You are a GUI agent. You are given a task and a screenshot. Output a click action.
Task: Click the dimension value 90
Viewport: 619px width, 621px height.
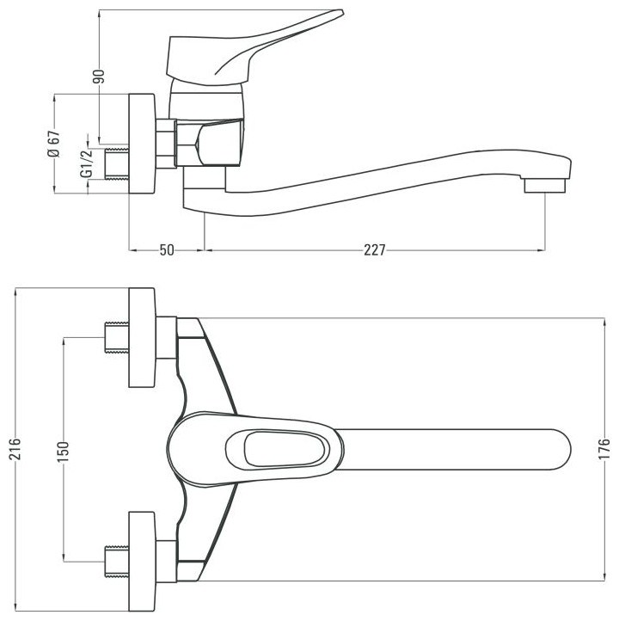click(x=100, y=77)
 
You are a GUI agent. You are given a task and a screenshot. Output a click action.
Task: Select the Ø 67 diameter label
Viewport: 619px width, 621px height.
click(x=54, y=144)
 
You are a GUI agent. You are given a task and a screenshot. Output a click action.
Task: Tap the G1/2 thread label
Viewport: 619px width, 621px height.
click(x=86, y=163)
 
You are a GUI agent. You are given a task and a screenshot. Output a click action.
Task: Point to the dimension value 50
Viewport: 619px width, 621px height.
click(x=167, y=250)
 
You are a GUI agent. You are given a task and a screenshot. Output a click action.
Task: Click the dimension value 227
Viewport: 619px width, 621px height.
click(x=374, y=250)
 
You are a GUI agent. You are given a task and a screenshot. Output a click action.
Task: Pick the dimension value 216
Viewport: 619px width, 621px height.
click(x=15, y=449)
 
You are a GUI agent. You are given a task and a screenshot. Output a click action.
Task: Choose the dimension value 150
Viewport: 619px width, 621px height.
click(x=63, y=452)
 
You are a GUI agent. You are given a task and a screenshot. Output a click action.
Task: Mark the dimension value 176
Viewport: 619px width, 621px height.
click(x=604, y=449)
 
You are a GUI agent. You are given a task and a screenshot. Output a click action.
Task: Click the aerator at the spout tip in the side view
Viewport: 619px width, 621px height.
click(x=545, y=185)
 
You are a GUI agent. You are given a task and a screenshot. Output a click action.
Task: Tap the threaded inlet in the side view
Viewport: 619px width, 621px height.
click(x=117, y=163)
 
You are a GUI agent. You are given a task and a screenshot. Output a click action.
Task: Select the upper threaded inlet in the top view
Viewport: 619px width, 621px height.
click(x=117, y=338)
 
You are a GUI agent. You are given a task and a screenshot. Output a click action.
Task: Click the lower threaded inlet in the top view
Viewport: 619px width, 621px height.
click(x=117, y=562)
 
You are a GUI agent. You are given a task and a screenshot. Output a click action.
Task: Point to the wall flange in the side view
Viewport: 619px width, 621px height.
click(x=142, y=144)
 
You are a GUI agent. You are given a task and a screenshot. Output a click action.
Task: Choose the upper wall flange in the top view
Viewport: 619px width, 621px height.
click(x=142, y=337)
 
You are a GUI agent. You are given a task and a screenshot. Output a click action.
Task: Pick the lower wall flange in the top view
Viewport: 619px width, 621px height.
click(x=142, y=562)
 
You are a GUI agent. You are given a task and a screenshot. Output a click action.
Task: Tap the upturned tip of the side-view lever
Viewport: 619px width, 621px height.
click(x=340, y=12)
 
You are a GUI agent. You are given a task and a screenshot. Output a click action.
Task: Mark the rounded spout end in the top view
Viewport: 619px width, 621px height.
click(x=562, y=450)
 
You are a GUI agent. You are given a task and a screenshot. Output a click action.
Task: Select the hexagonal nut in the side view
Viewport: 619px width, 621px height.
click(x=166, y=143)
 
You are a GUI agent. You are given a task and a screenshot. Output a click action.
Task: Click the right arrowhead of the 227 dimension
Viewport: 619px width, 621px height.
click(x=541, y=250)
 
